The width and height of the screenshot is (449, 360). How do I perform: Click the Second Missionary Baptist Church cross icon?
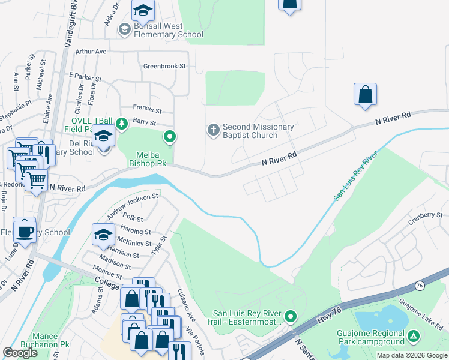(x=212, y=130)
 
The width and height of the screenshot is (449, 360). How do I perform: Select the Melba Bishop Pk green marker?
(x=170, y=137)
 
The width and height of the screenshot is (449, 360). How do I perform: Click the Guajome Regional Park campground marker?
(x=414, y=337)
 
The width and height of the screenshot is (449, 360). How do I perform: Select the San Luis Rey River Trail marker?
(x=291, y=316)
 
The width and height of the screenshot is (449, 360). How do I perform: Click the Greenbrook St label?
(x=164, y=66)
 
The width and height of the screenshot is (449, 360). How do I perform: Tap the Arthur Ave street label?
(x=91, y=52)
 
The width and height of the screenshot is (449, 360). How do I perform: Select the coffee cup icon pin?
(x=24, y=231)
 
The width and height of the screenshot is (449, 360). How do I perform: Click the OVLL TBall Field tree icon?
(x=122, y=123)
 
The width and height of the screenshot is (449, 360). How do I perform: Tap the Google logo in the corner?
(x=20, y=353)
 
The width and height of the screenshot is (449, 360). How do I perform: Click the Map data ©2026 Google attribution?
(x=412, y=355)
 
